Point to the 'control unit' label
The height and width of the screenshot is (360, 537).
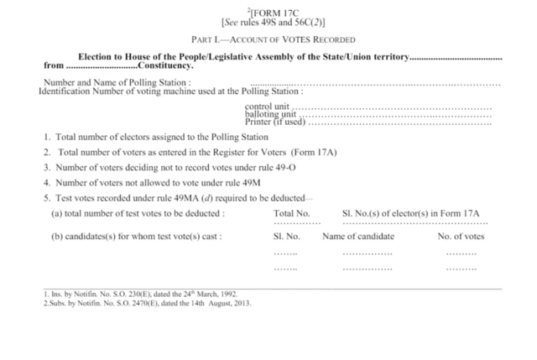pyautogui.click(x=266, y=107)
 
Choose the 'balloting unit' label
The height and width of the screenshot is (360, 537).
pyautogui.click(x=270, y=115)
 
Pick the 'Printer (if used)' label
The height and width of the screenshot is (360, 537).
pyautogui.click(x=274, y=123)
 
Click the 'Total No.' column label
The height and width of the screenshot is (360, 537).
pyautogui.click(x=292, y=213)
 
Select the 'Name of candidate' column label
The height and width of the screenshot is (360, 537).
pyautogui.click(x=358, y=237)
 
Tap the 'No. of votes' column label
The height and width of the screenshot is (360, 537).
pyautogui.click(x=461, y=237)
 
